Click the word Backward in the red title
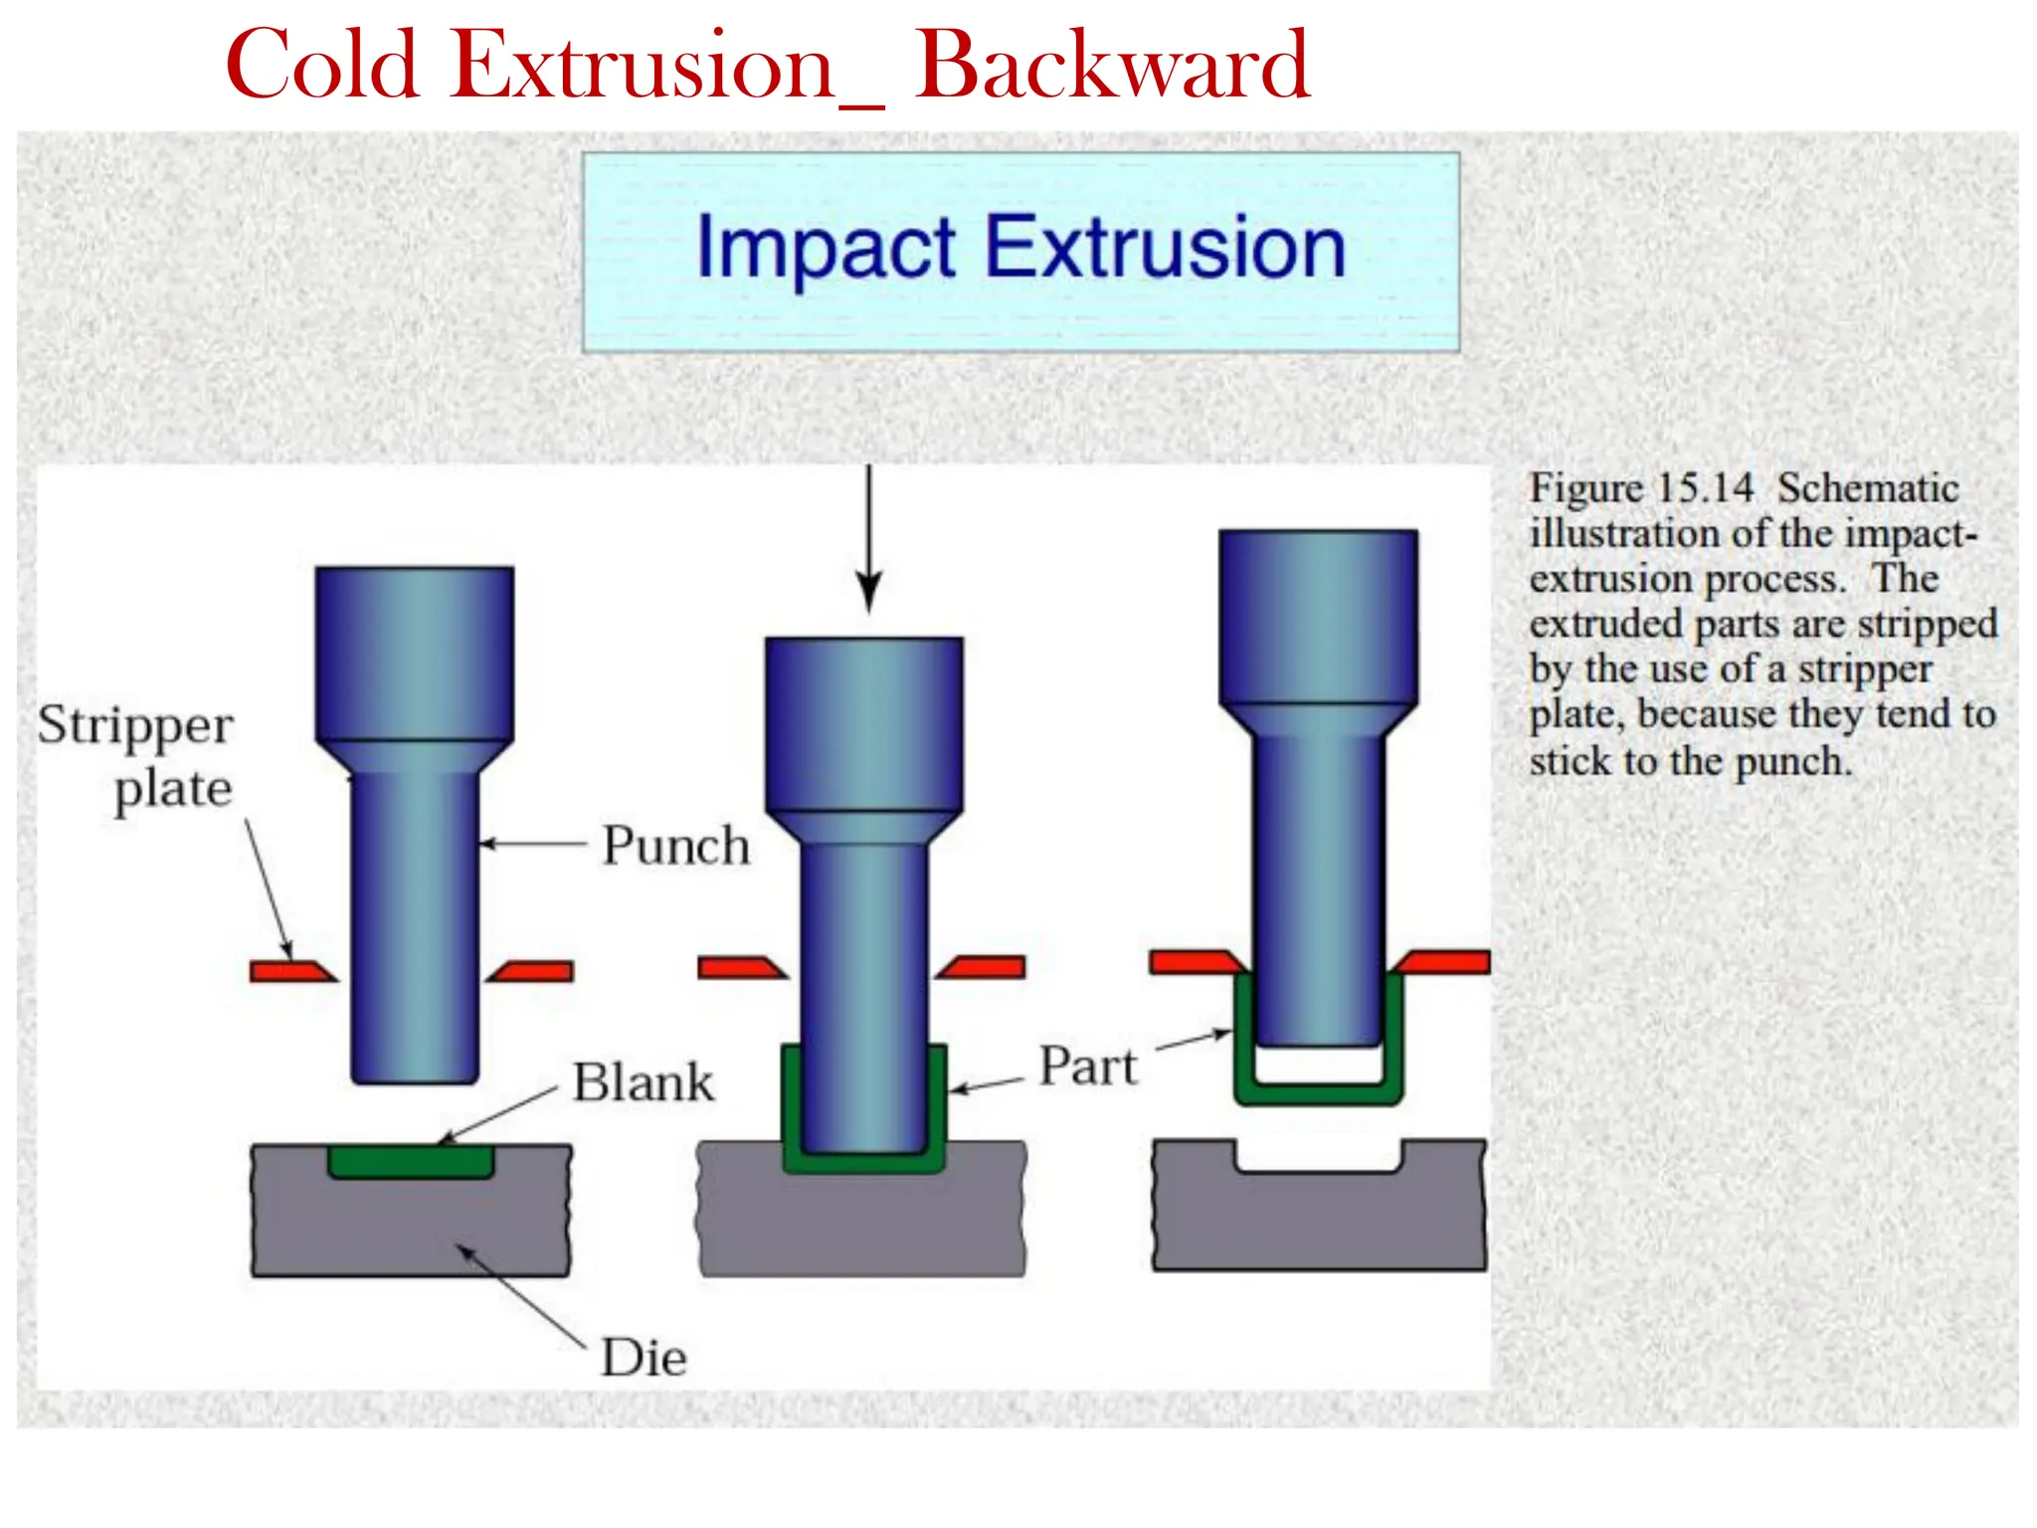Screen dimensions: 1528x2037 click(x=1111, y=66)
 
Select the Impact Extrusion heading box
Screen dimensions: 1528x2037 click(x=1020, y=252)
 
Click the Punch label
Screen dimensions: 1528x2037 click(x=676, y=846)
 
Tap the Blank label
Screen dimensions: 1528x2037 click(x=644, y=1082)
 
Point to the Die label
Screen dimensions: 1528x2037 click(x=644, y=1358)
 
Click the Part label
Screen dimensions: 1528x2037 click(x=1088, y=1066)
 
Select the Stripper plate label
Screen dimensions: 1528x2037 click(x=137, y=756)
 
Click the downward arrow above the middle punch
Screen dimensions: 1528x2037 click(x=869, y=537)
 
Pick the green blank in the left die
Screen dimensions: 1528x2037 click(x=411, y=1161)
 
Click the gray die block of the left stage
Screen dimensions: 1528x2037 click(x=411, y=1229)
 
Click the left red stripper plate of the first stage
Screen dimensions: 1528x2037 click(x=290, y=971)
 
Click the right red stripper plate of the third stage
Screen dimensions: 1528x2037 click(x=1442, y=962)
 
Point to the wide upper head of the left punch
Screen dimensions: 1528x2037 click(x=415, y=652)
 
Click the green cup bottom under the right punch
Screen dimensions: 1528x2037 click(x=1319, y=1094)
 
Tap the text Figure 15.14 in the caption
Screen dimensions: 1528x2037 click(x=1641, y=488)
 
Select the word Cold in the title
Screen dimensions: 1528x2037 click(x=323, y=66)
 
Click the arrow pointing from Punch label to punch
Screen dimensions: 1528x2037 click(x=532, y=845)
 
